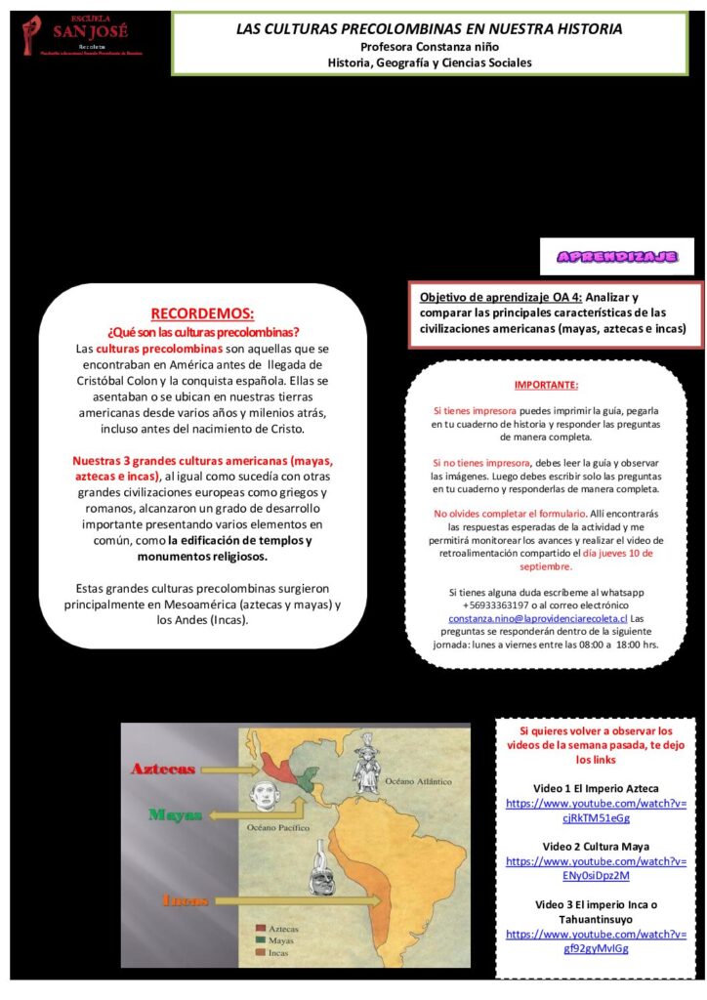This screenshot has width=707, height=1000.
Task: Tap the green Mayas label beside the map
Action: pyautogui.click(x=176, y=813)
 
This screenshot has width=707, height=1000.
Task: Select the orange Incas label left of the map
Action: pyautogui.click(x=186, y=900)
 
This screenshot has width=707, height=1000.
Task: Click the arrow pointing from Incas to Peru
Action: pyautogui.click(x=264, y=898)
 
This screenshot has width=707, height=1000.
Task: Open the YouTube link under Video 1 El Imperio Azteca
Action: pyautogui.click(x=596, y=811)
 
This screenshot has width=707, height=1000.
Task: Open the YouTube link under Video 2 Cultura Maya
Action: pyautogui.click(x=596, y=868)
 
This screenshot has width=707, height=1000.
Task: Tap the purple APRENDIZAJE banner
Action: pyautogui.click(x=616, y=257)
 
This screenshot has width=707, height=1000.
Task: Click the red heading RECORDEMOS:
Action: pyautogui.click(x=202, y=313)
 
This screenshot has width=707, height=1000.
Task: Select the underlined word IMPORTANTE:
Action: pyautogui.click(x=546, y=385)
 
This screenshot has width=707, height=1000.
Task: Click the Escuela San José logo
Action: pyautogui.click(x=83, y=38)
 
